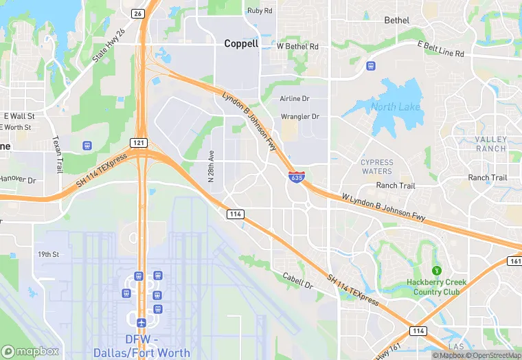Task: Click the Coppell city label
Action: pyautogui.click(x=241, y=43)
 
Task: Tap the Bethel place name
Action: pyautogui.click(x=396, y=21)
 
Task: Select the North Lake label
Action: pyautogui.click(x=394, y=106)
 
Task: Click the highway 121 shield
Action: pyautogui.click(x=138, y=142)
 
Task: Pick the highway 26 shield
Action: pyautogui.click(x=138, y=13)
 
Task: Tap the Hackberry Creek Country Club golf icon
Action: pyautogui.click(x=435, y=270)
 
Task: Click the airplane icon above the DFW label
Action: pyautogui.click(x=141, y=323)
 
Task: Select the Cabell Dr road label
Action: pyautogui.click(x=298, y=280)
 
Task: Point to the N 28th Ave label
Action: pyautogui.click(x=212, y=166)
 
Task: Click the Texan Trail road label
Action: pyautogui.click(x=57, y=153)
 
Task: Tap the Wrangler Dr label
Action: pyautogui.click(x=299, y=117)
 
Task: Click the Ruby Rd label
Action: pyautogui.click(x=260, y=11)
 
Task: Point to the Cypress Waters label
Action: pyautogui.click(x=377, y=167)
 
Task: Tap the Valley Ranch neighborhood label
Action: pyautogui.click(x=490, y=144)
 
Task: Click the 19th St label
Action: pyautogui.click(x=49, y=254)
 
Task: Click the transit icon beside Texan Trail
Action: pyautogui.click(x=87, y=146)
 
